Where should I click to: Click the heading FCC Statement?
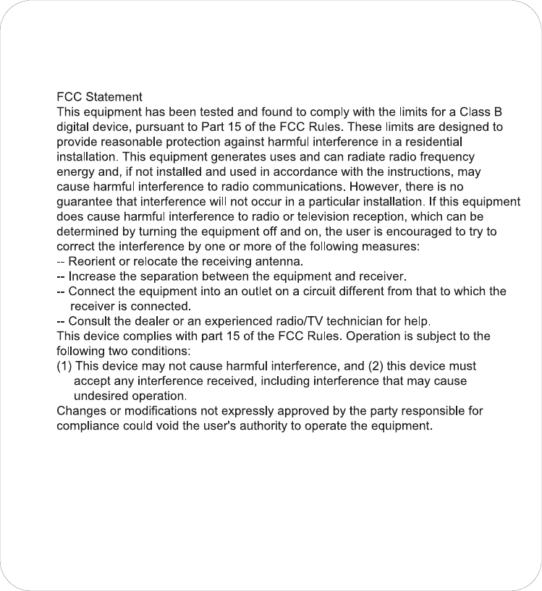tap(99, 97)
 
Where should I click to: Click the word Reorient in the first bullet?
tap(91, 261)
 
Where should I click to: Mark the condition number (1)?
tap(64, 366)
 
